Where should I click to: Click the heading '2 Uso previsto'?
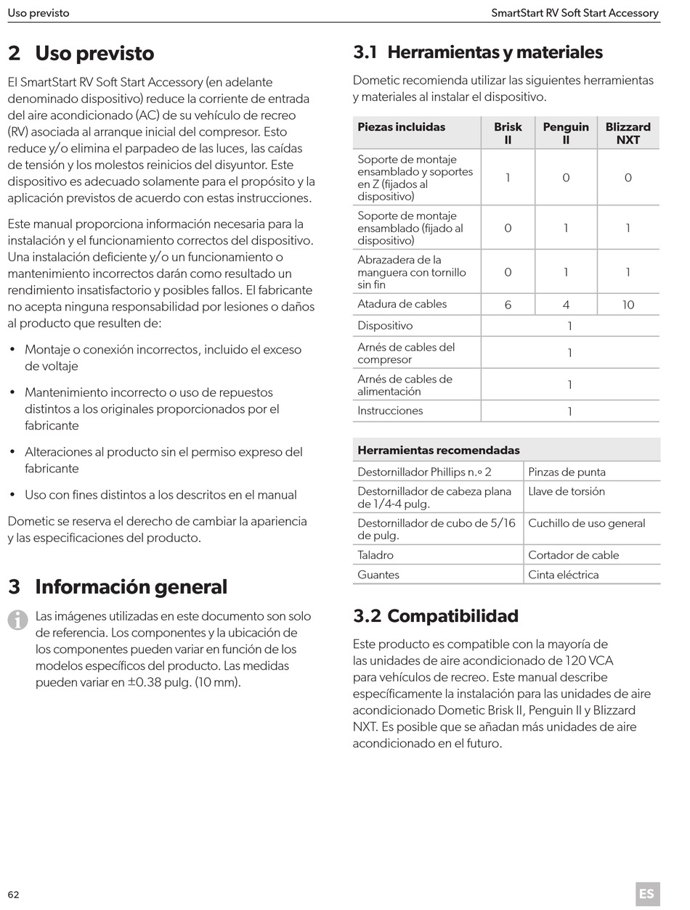coord(81,53)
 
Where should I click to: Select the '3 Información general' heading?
coord(118,586)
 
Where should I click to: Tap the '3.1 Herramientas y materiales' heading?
coord(478,52)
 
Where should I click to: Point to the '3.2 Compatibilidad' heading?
coord(436,616)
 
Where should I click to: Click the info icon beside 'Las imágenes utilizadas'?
coord(17,620)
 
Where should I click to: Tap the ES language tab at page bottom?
coord(646,894)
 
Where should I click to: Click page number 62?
coord(14,894)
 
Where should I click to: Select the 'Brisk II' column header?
coord(508,133)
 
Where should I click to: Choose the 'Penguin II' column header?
coord(566,133)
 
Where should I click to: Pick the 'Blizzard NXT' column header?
coord(628,133)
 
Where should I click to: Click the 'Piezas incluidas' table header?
coord(402,127)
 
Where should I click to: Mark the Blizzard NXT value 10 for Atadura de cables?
coord(628,305)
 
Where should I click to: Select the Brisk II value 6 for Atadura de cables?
coord(508,305)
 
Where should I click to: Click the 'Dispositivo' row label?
coord(385,326)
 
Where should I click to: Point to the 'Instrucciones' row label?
coord(390,411)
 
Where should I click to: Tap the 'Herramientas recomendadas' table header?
coord(439,450)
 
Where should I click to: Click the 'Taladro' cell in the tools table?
coord(376,555)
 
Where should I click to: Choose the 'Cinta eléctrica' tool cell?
coord(564,575)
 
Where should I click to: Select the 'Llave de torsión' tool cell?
coord(567,491)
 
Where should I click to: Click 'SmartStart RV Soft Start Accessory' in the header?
coord(575,13)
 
